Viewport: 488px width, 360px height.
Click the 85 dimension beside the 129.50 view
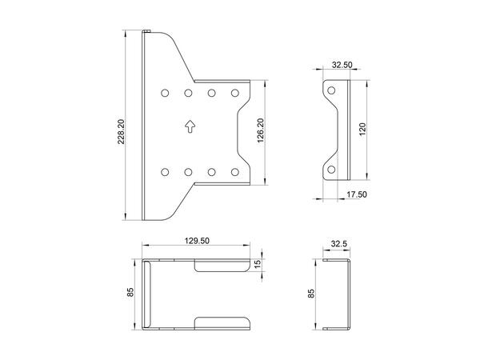(x=132, y=294)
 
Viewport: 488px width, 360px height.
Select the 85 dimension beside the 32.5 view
(x=311, y=294)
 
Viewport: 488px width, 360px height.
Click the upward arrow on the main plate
(x=189, y=125)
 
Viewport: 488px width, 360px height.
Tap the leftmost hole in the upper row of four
(x=165, y=93)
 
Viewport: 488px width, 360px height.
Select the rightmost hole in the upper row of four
(x=235, y=93)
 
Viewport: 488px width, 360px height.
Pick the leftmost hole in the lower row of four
(x=165, y=171)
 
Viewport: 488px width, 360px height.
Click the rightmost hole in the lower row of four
(x=235, y=171)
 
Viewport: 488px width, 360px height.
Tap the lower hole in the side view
(x=330, y=169)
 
